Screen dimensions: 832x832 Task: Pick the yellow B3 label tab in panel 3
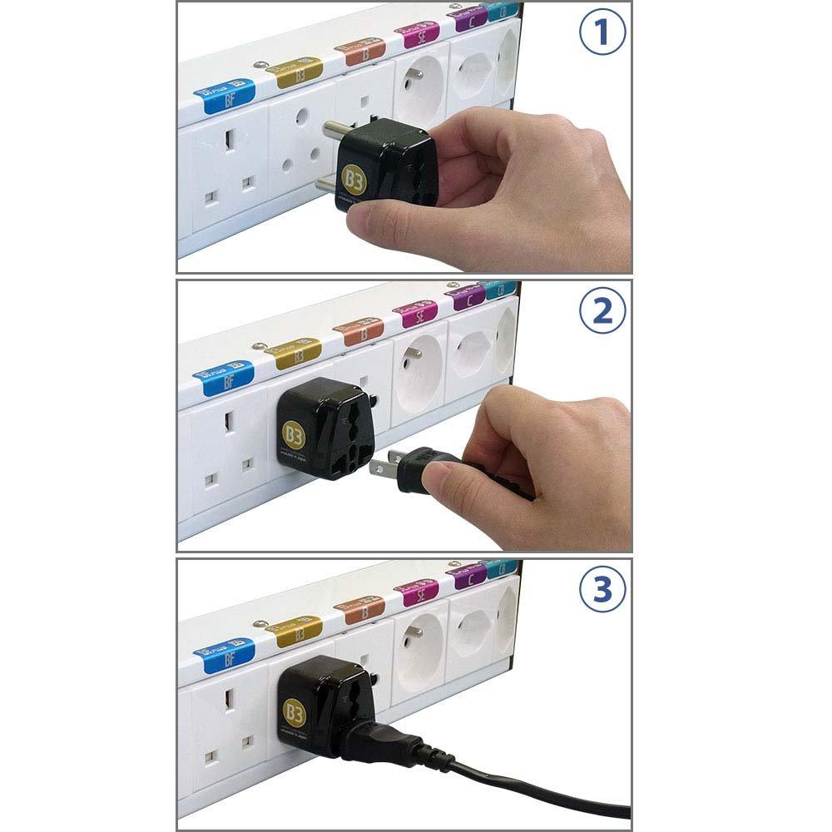click(x=294, y=628)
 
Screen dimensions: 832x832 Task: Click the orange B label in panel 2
click(x=359, y=329)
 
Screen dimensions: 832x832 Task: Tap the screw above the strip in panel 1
click(x=264, y=65)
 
